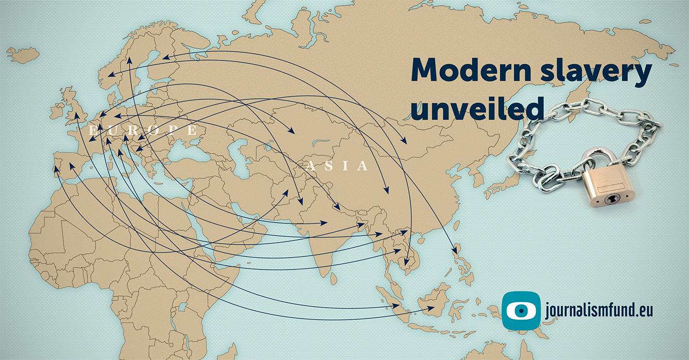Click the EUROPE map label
pos(143,130)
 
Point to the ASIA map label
pos(338,166)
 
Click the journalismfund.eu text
pos(598,310)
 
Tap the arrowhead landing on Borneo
pos(431,308)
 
